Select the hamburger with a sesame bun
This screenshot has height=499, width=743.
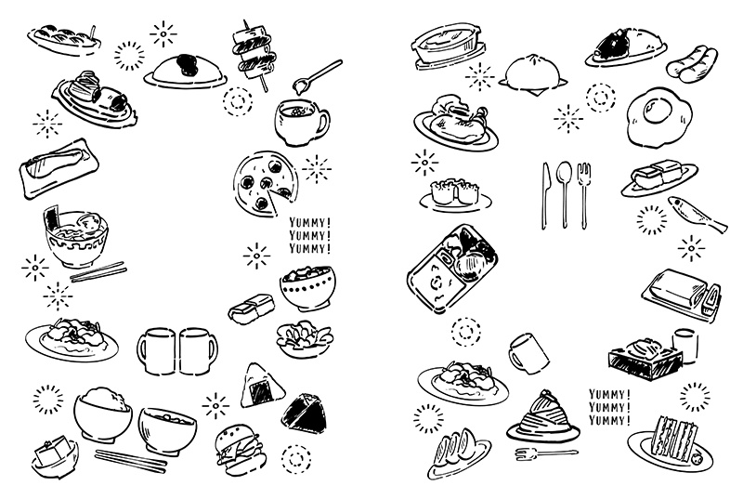pyautogui.click(x=240, y=447)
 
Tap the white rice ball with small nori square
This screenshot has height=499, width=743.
pyautogui.click(x=258, y=386)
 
